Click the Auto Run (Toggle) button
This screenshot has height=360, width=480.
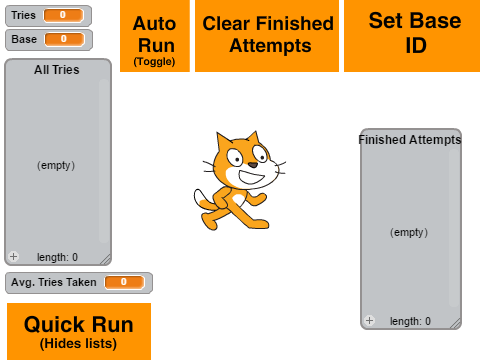pyautogui.click(x=155, y=36)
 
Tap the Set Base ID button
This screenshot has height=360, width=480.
pyautogui.click(x=412, y=36)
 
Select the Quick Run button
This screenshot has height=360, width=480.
pyautogui.click(x=79, y=331)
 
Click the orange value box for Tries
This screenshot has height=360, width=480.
pyautogui.click(x=63, y=15)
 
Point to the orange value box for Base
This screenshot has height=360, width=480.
pyautogui.click(x=64, y=39)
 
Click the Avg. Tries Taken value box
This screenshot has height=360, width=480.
pyautogui.click(x=125, y=282)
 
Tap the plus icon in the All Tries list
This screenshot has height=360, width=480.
pyautogui.click(x=14, y=256)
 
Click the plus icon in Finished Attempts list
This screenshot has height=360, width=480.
pyautogui.click(x=369, y=320)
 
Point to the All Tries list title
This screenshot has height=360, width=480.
pyautogui.click(x=57, y=70)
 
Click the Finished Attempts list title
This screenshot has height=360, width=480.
pyautogui.click(x=410, y=140)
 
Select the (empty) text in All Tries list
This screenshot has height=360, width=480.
pyautogui.click(x=56, y=165)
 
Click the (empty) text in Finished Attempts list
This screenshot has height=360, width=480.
pyautogui.click(x=409, y=232)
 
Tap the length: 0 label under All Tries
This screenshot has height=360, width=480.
pyautogui.click(x=57, y=257)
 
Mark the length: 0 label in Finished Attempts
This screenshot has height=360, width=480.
pyautogui.click(x=410, y=321)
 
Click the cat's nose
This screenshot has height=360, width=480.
pyautogui.click(x=253, y=165)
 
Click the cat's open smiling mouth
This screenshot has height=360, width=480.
pyautogui.click(x=252, y=177)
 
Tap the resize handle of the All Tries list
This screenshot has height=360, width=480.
pyautogui.click(x=106, y=260)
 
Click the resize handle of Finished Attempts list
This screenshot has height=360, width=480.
pyautogui.click(x=456, y=324)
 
